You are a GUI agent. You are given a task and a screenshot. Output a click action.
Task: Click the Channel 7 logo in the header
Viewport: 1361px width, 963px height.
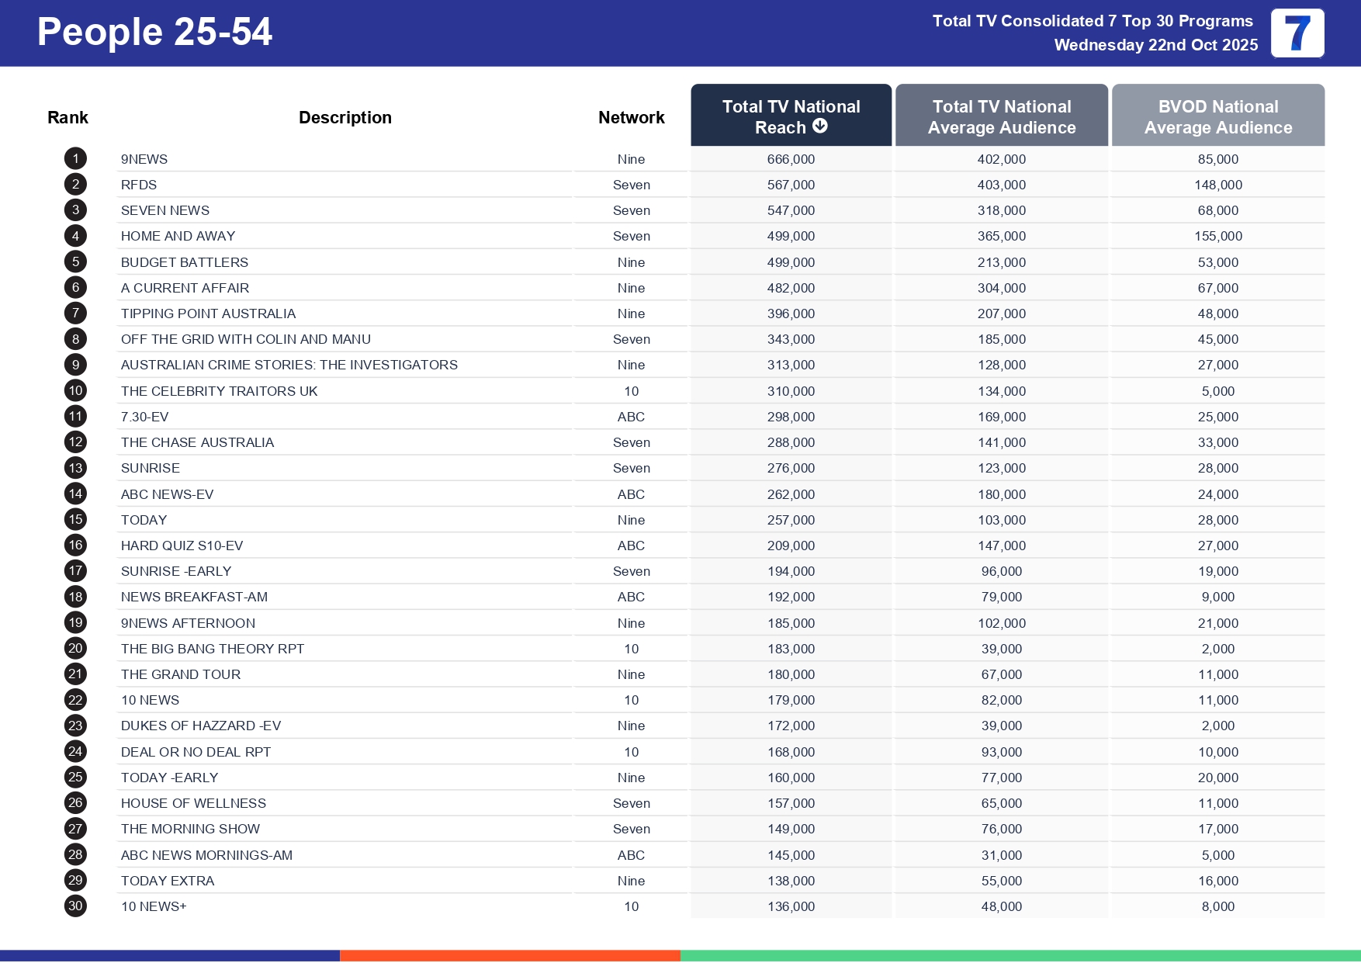pos(1297,33)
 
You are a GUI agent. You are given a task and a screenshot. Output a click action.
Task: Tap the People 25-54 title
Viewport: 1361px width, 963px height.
pos(154,32)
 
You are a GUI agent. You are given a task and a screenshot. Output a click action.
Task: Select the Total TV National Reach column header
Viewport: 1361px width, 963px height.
pos(791,116)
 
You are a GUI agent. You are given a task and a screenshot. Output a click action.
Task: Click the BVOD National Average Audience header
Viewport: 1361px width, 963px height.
pos(1217,116)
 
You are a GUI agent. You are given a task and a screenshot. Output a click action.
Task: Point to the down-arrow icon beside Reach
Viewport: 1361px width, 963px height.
pos(820,126)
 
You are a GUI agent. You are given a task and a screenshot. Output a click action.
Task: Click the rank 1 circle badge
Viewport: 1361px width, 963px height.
pos(75,159)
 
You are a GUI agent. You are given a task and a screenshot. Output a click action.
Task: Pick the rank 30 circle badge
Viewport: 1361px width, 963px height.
pos(75,906)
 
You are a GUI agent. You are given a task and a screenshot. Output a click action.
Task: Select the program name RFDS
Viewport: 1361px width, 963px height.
pos(139,185)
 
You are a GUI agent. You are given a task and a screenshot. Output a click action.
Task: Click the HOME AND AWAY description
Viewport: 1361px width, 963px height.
pos(178,236)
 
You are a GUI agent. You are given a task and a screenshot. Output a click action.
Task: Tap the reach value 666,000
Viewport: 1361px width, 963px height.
pos(791,159)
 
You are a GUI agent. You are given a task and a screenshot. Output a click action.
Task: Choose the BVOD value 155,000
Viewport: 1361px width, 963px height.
pos(1217,236)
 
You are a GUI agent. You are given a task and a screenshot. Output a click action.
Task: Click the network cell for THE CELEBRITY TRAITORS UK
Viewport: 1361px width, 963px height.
pos(631,391)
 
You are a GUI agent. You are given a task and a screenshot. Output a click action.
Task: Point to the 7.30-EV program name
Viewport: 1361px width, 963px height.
pos(144,417)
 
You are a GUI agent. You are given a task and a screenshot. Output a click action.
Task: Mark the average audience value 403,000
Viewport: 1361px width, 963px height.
pos(1001,185)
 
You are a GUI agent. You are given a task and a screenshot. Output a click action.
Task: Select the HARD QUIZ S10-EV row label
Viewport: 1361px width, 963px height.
pos(182,546)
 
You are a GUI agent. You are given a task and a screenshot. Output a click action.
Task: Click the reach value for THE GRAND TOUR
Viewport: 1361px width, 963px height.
pos(791,674)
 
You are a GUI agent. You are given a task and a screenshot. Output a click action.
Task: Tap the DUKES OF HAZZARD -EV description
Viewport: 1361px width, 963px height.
pos(201,726)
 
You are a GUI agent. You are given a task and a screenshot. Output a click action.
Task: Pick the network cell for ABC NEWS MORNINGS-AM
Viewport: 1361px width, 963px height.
pos(631,855)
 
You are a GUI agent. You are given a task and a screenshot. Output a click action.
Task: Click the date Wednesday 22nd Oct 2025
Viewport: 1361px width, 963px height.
pos(1155,45)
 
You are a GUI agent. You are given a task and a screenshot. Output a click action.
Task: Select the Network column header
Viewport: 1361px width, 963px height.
pos(631,117)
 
